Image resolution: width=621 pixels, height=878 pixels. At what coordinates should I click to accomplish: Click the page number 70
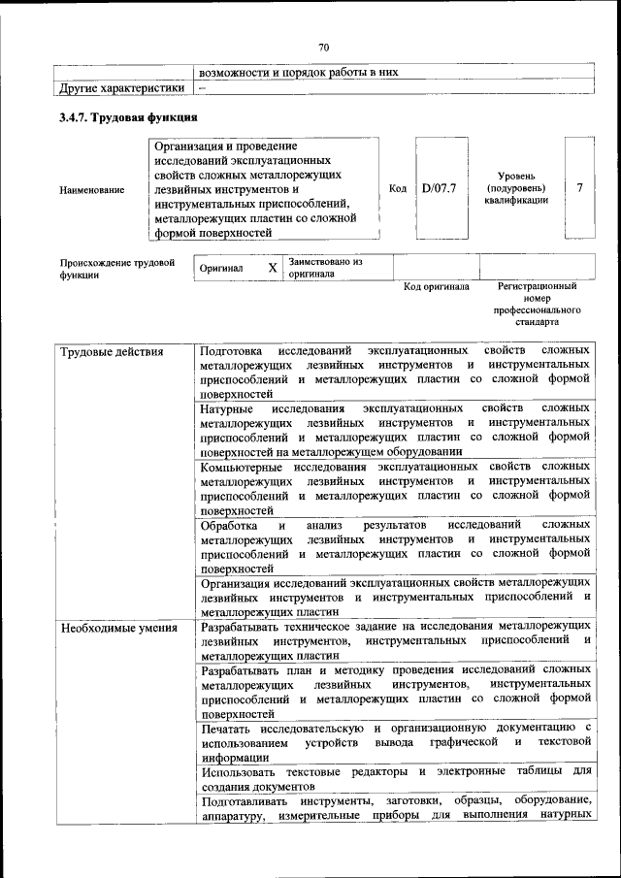pos(324,46)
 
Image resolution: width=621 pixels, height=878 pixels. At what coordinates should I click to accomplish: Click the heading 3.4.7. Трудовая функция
pos(128,117)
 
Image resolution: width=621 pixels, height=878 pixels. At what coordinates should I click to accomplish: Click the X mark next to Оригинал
pos(273,267)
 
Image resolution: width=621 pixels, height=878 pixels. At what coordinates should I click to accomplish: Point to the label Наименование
pos(92,190)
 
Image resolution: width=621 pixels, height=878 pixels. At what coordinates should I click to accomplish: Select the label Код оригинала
pos(437,287)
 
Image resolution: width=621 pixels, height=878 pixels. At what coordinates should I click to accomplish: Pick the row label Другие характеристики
pos(122,87)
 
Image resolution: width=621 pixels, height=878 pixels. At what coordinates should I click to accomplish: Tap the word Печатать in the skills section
pos(230,727)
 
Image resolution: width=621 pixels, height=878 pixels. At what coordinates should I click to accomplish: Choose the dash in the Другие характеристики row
pos(202,87)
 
